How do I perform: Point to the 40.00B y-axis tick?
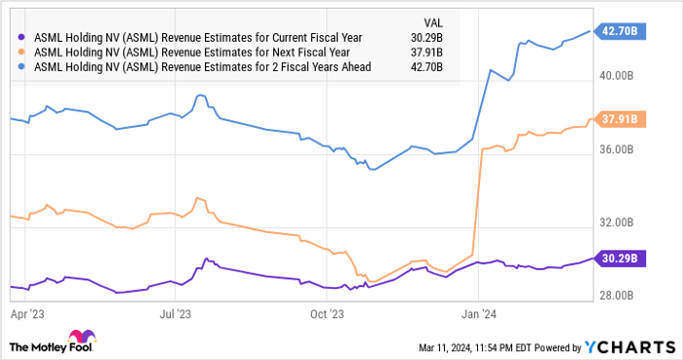619,77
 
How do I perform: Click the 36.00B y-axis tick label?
619,149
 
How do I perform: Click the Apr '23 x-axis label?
26,315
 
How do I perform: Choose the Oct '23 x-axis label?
326,315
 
